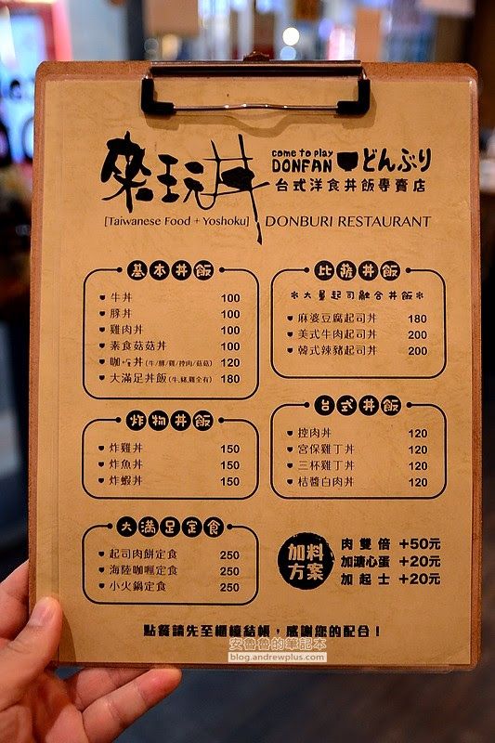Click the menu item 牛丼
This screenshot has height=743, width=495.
(122, 297)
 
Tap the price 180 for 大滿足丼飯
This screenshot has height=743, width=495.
(230, 379)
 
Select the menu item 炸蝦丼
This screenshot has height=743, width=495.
(126, 480)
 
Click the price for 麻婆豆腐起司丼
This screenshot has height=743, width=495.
(417, 319)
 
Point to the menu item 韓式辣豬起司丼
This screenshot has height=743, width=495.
(337, 351)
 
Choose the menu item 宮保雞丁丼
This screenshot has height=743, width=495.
(326, 450)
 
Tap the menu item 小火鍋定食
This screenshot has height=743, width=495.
(137, 587)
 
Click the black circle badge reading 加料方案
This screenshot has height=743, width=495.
(306, 561)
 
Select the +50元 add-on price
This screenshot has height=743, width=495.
(420, 543)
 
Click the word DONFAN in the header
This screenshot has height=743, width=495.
(302, 165)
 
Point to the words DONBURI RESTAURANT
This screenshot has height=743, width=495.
(347, 221)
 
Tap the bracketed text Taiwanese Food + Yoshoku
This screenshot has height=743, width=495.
(176, 221)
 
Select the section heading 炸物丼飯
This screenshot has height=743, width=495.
(170, 421)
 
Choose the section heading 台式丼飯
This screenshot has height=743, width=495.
(358, 405)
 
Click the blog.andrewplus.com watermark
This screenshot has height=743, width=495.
(277, 658)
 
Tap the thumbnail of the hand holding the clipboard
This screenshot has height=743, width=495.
(72, 663)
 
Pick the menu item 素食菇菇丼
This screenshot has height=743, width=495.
(138, 345)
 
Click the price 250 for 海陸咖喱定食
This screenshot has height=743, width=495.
(229, 571)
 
